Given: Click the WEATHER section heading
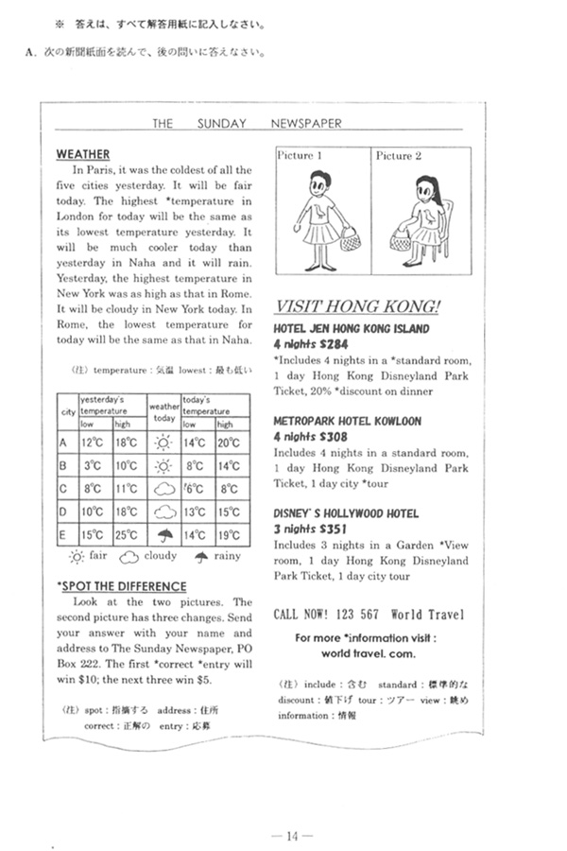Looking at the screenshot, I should tap(83, 154).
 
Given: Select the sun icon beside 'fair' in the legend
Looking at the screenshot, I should tap(77, 558).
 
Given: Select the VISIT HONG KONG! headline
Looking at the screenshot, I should tap(356, 306).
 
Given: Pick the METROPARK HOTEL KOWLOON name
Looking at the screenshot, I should tap(347, 421).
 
